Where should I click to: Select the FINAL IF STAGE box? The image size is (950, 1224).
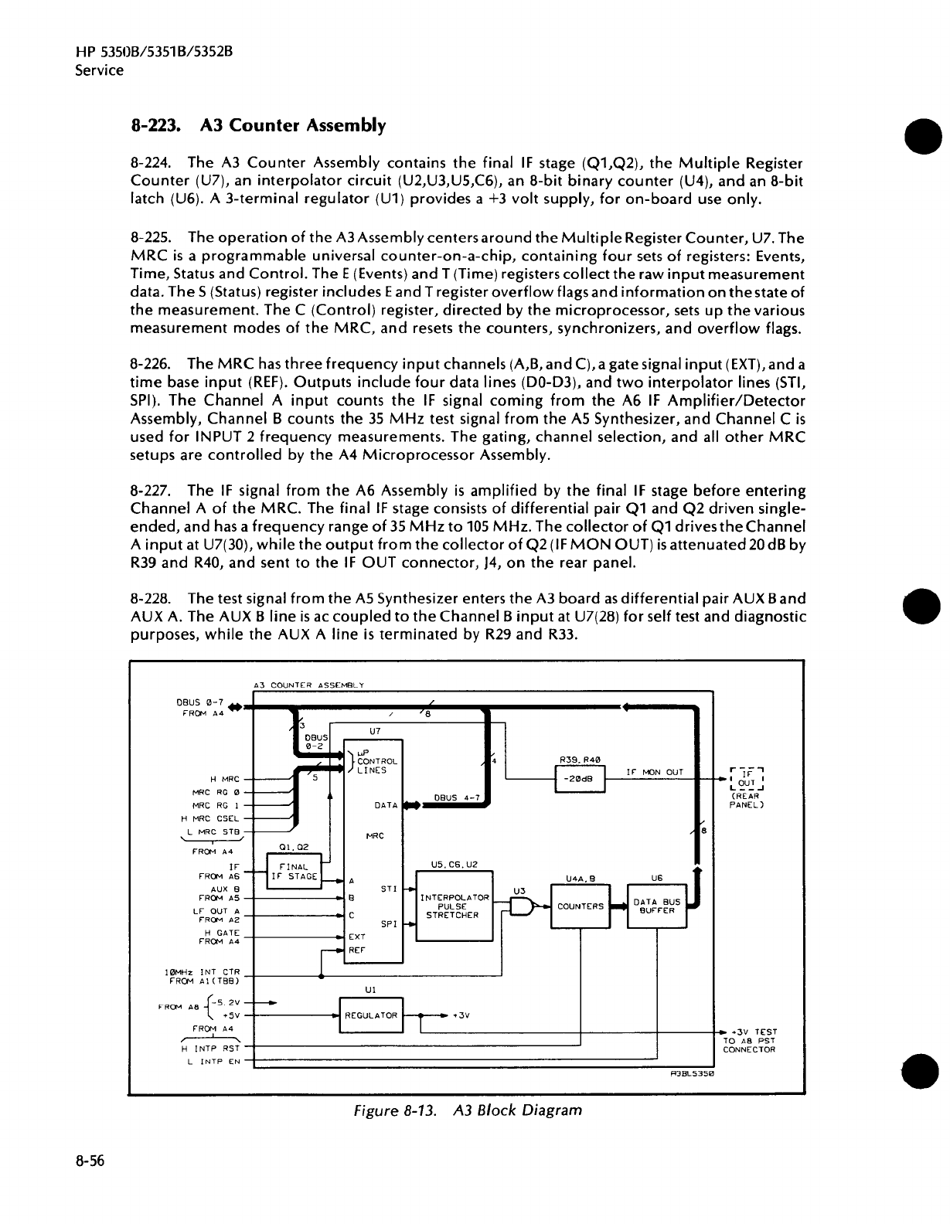(295, 872)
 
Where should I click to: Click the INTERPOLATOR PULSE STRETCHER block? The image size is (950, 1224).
(454, 906)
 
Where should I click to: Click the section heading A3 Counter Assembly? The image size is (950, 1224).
(258, 125)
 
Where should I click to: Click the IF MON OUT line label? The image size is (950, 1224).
(654, 771)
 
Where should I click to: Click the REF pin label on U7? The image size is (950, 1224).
(356, 950)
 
